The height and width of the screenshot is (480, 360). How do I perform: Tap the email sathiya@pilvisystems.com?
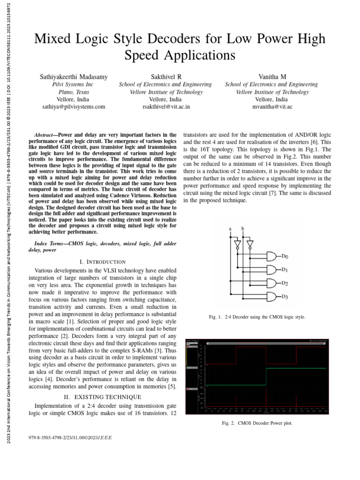click(x=74, y=107)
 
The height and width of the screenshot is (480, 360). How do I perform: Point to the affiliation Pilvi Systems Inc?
click(x=73, y=84)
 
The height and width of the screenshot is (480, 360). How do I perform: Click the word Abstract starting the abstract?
click(x=46, y=134)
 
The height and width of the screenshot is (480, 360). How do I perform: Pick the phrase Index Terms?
click(x=50, y=243)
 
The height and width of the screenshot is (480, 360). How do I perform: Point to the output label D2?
click(x=285, y=284)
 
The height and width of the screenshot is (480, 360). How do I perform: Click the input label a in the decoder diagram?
click(x=230, y=228)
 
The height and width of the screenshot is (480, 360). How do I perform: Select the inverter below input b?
click(x=250, y=245)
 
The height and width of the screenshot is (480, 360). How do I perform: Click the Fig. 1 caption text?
click(x=257, y=317)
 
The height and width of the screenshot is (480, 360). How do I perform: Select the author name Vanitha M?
click(x=271, y=76)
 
